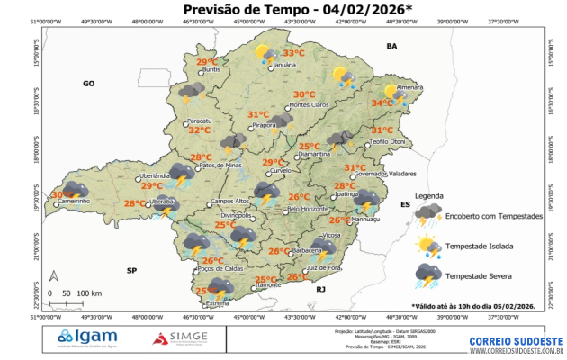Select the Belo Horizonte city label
[x=310, y=210]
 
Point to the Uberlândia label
[x=156, y=175]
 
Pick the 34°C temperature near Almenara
[x=382, y=103]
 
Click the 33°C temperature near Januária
[x=294, y=54]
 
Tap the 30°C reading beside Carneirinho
[x=61, y=194]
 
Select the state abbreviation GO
[x=89, y=83]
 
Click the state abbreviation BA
[x=391, y=45]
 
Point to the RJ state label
[x=319, y=290]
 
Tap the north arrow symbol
[x=54, y=276]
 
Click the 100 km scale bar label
[x=89, y=293]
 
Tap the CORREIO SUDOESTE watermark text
[x=516, y=341]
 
